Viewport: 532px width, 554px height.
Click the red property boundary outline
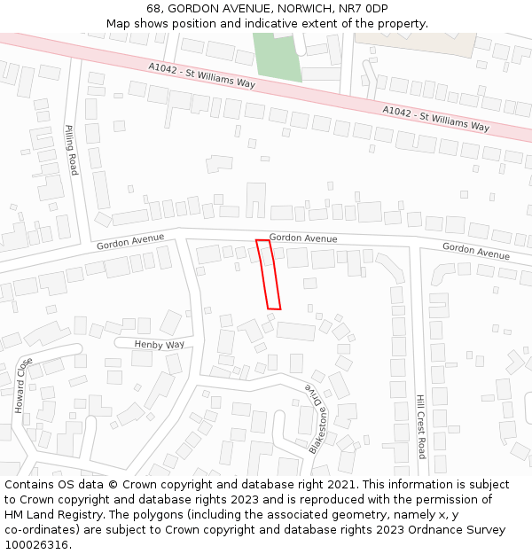[x=269, y=275]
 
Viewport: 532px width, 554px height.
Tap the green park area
[x=276, y=55]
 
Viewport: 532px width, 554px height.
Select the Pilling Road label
[x=72, y=149]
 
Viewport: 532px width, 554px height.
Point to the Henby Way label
[x=160, y=344]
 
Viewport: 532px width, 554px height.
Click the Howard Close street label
[x=22, y=386]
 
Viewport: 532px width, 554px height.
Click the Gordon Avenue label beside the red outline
[x=303, y=238]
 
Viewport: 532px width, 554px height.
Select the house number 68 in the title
[x=154, y=8]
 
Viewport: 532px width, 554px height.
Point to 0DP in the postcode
[x=374, y=8]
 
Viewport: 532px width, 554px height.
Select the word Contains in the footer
[x=29, y=485]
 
